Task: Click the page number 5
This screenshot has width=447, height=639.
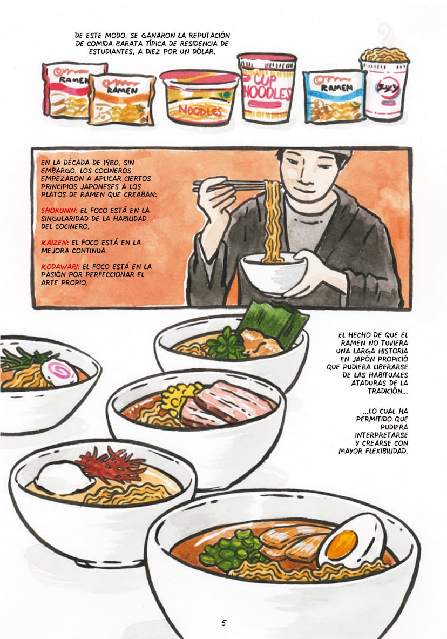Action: coord(223,623)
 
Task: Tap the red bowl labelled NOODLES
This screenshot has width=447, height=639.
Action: coord(200,97)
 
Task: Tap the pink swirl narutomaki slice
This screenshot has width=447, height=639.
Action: coord(59,372)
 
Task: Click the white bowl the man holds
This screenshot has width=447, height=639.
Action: coord(273,273)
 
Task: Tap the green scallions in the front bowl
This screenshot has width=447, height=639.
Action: coord(236,549)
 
